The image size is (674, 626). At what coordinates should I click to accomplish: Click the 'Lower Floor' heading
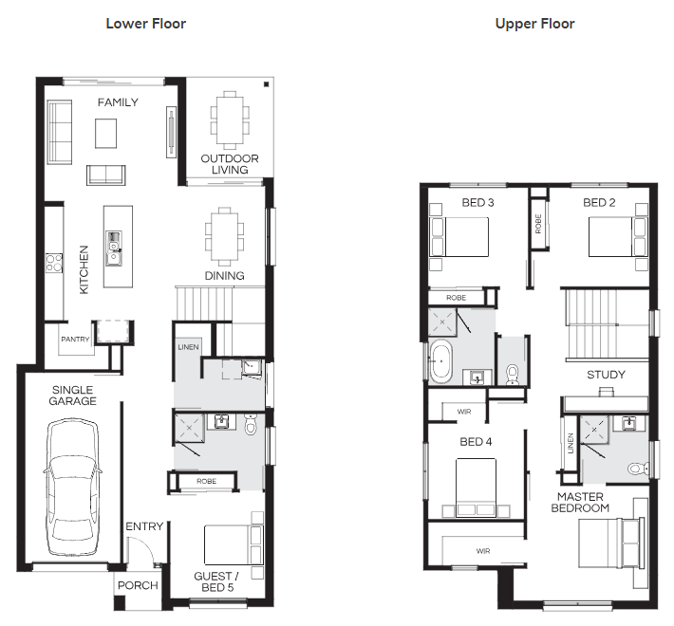[146, 24]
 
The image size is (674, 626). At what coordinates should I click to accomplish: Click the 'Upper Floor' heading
[534, 24]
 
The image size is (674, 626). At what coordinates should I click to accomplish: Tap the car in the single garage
[72, 487]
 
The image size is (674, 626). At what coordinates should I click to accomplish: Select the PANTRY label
[75, 340]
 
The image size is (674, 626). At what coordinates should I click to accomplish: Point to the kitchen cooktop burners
[54, 263]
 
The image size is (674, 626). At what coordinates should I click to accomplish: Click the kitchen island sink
[114, 249]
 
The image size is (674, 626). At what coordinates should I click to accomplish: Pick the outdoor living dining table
[230, 120]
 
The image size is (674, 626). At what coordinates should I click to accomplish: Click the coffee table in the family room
[105, 134]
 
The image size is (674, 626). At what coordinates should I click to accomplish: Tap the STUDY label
[606, 375]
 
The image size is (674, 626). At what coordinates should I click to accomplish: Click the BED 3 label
[477, 203]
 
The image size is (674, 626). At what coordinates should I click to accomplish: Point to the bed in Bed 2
[617, 237]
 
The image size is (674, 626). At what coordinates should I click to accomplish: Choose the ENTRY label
[144, 526]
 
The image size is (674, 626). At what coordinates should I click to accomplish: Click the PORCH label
[138, 585]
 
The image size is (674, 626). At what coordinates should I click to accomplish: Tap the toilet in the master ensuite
[638, 468]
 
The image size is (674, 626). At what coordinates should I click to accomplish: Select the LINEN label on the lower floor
[188, 347]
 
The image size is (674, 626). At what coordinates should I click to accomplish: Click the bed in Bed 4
[476, 488]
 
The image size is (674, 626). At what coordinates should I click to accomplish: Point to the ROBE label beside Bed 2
[538, 224]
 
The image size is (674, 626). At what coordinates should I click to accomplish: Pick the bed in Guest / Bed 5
[234, 544]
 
